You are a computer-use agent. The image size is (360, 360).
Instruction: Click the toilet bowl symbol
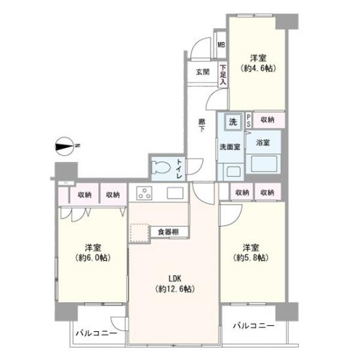click(161, 169)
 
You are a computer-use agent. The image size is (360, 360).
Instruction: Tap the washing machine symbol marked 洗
click(233, 122)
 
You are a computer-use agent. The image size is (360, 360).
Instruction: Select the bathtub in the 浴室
click(264, 164)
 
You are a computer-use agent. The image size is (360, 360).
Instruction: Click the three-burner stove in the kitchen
click(144, 193)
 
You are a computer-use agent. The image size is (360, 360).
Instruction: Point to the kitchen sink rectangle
click(175, 193)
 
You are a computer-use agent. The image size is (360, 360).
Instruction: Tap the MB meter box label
click(222, 45)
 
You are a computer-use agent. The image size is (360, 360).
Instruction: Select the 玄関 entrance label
click(203, 72)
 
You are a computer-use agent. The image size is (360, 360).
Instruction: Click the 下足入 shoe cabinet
click(223, 75)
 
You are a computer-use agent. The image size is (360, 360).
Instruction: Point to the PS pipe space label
click(249, 120)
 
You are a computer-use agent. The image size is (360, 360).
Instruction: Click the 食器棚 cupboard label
click(169, 232)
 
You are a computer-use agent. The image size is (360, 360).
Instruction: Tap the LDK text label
click(175, 279)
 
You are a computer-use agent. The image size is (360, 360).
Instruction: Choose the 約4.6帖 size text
click(258, 68)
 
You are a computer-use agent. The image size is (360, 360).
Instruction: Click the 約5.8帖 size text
click(250, 258)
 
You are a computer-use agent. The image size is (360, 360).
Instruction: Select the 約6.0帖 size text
click(92, 258)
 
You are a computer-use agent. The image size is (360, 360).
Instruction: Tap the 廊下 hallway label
click(202, 125)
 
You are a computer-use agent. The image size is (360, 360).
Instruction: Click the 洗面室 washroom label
click(230, 147)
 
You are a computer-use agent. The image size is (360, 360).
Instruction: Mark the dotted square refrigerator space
click(140, 232)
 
